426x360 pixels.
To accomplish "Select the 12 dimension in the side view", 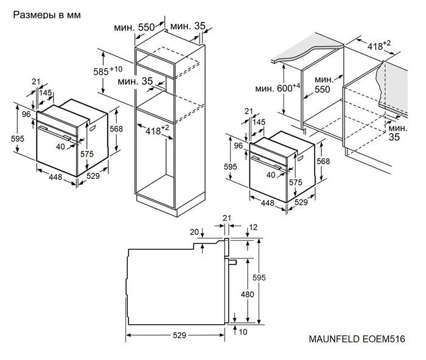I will [253, 227].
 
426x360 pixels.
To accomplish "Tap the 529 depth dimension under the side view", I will [177, 336].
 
